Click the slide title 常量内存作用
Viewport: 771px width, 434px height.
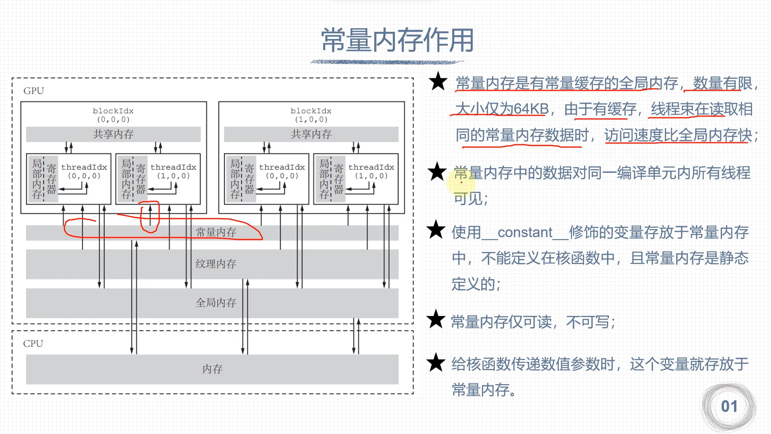coord(397,41)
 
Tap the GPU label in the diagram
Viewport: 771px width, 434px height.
coord(33,91)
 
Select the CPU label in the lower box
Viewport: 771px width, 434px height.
coord(33,344)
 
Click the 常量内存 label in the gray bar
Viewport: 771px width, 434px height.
coord(215,232)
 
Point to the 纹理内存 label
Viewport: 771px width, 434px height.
coord(215,264)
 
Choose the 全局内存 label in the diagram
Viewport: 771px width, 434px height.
coord(215,303)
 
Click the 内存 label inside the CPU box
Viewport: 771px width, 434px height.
coord(212,369)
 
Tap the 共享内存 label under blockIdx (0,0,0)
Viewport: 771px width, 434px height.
coord(113,134)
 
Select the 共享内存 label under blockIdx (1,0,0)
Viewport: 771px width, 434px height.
coord(311,134)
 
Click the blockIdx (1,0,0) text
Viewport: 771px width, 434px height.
coord(311,115)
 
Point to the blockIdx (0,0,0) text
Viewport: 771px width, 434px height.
coord(113,115)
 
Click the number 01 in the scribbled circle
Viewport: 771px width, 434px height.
coord(729,407)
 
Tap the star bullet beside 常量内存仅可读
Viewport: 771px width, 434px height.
coord(436,320)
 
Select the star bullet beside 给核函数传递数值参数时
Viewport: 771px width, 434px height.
coord(436,362)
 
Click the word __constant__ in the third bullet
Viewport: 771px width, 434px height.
coord(525,233)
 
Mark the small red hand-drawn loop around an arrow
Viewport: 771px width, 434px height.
coord(150,217)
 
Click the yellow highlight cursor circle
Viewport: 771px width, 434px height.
coord(461,182)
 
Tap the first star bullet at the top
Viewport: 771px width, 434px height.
coord(438,82)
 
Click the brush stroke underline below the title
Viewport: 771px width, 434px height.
coord(387,62)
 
